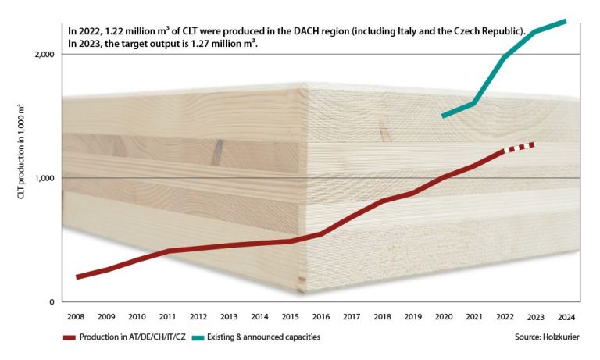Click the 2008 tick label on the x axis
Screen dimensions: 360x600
76,317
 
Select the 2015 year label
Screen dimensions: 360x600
290,317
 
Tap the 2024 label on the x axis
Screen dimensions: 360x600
565,317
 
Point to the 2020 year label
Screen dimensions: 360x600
443,317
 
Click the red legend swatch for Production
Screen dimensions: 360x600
73,337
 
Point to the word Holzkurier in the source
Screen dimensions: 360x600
561,337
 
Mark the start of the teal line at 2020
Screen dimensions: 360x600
443,116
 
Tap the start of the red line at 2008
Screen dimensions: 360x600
77,276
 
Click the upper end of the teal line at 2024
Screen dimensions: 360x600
565,20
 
